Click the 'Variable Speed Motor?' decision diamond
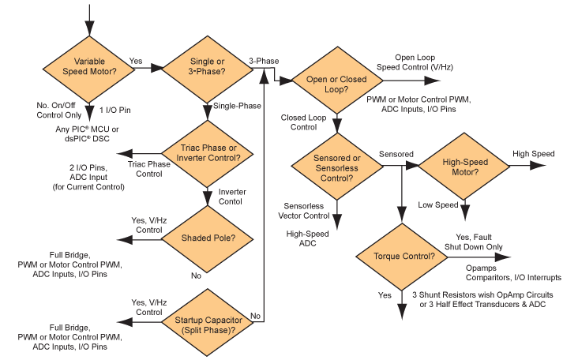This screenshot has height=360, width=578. point(89,69)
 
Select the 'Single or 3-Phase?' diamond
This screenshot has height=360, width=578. point(206,69)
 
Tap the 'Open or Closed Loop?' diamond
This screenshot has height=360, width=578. point(337,79)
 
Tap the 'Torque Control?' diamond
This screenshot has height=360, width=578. point(402,257)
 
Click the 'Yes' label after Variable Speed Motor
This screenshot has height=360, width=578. point(136,61)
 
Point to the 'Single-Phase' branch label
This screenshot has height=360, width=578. point(237,106)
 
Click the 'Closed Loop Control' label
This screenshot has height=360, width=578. point(298,122)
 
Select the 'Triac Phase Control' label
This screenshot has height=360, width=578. point(149,169)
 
